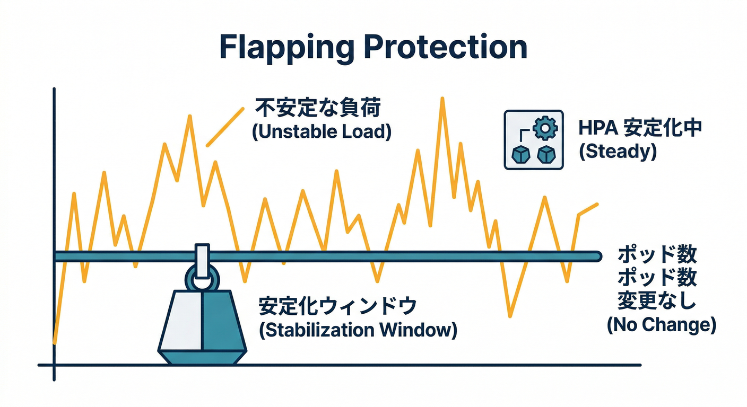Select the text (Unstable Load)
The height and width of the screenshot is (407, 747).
pyautogui.click(x=322, y=131)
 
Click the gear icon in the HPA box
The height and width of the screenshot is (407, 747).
pyautogui.click(x=544, y=128)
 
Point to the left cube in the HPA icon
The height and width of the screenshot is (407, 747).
pyautogui.click(x=520, y=155)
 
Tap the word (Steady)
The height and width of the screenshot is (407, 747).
pyautogui.click(x=618, y=152)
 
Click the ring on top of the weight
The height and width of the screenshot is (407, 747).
pyautogui.click(x=202, y=278)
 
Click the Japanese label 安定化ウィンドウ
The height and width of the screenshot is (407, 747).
pyautogui.click(x=338, y=306)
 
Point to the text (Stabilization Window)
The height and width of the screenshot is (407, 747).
pyautogui.click(x=358, y=330)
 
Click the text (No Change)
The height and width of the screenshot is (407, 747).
pyautogui.click(x=661, y=324)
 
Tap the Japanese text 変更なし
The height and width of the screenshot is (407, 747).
pyautogui.click(x=657, y=301)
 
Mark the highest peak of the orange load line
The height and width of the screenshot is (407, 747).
pyautogui.click(x=441, y=99)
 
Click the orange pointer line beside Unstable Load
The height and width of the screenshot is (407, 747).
pyautogui.click(x=225, y=127)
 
